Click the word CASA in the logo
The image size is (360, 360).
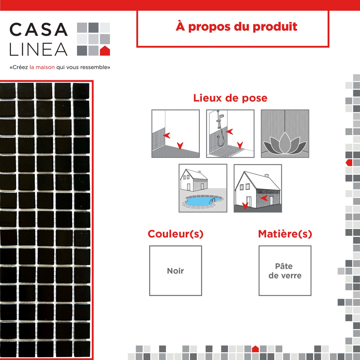pyautogui.click(x=38, y=30)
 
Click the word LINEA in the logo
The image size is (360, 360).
pyautogui.click(x=38, y=49)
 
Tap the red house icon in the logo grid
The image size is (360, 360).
pyautogui.click(x=105, y=51)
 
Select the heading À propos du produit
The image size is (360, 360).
pyautogui.click(x=236, y=27)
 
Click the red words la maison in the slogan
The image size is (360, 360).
pyautogui.click(x=42, y=67)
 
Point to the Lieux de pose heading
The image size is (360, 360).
pyautogui.click(x=230, y=98)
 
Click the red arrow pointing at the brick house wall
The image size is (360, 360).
pyautogui.click(x=264, y=198)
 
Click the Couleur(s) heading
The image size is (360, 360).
pyautogui.click(x=175, y=234)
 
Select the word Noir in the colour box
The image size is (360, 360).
pyautogui.click(x=175, y=271)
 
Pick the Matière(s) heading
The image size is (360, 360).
pyautogui.click(x=285, y=234)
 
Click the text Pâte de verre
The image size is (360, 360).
pyautogui.click(x=285, y=271)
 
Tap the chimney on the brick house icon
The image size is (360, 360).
pyautogui.click(x=266, y=175)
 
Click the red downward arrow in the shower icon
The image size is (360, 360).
pyautogui.click(x=240, y=145)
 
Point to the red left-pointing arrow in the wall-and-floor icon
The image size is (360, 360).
pyautogui.click(x=167, y=135)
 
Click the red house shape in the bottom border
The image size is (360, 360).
pyautogui.click(x=255, y=349)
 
